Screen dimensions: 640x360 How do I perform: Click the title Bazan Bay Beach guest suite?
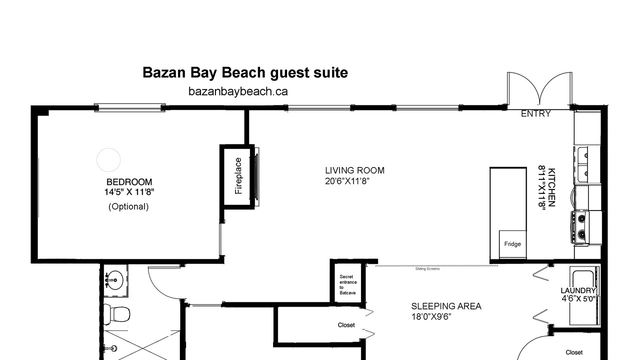[245, 73]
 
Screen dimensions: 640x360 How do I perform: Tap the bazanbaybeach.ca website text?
[238, 91]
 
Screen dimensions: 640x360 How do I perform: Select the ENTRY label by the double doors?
[535, 113]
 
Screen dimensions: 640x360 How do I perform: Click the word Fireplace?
[238, 176]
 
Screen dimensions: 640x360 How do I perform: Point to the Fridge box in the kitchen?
[512, 244]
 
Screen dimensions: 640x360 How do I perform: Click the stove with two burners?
[580, 227]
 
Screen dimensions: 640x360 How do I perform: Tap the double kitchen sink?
[581, 164]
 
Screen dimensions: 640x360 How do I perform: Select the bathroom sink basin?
[115, 279]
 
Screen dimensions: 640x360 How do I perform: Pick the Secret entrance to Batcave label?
[348, 285]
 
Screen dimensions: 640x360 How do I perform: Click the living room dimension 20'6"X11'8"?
[347, 181]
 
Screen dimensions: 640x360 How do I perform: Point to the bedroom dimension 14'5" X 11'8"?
[129, 192]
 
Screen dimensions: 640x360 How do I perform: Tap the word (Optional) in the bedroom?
[128, 206]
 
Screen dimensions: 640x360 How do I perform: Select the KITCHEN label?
[551, 187]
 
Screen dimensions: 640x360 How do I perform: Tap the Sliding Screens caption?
[427, 269]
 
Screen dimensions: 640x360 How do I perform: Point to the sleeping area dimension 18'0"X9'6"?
[431, 317]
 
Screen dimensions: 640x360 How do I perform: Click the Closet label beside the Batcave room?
[346, 325]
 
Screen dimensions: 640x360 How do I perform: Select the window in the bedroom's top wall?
[129, 107]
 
